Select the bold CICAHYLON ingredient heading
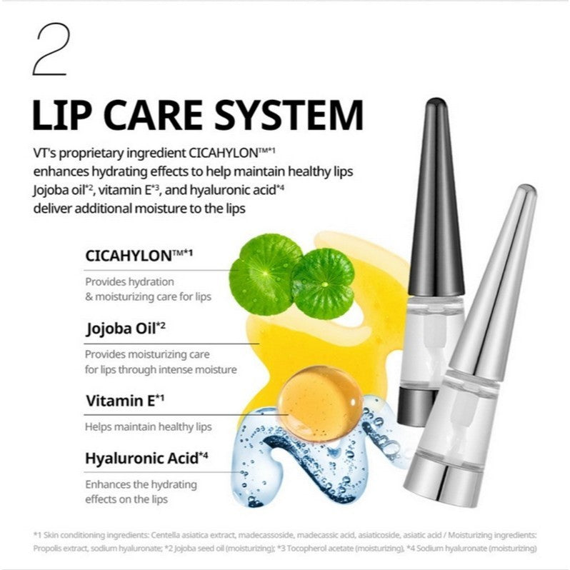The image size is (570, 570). (x=134, y=255)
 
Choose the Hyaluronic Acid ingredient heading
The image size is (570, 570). (x=143, y=458)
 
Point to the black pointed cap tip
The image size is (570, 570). (x=434, y=114)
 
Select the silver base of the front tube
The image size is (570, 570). (x=476, y=479)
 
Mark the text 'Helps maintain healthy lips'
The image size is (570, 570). (x=148, y=426)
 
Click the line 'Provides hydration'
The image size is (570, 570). (x=129, y=281)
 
